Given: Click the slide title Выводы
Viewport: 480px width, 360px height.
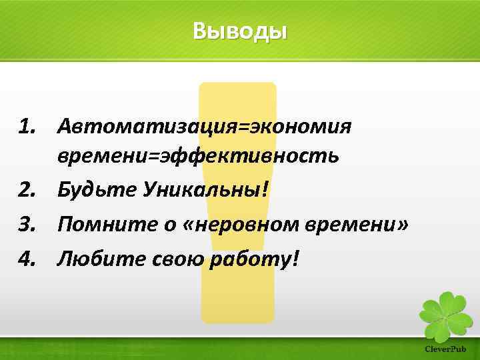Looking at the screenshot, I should [240, 31].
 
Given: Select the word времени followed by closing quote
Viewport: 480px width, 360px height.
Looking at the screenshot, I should [349, 225].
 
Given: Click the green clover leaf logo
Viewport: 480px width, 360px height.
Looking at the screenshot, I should [445, 313].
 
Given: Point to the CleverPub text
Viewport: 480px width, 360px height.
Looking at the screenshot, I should [445, 349].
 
